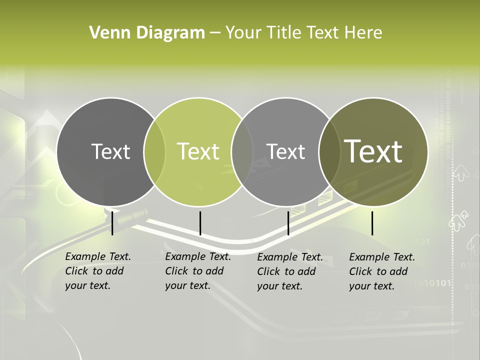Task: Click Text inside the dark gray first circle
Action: pos(110,151)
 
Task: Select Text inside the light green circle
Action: pos(198,151)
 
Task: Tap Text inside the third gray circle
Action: pos(285,151)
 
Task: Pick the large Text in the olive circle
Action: pos(373,151)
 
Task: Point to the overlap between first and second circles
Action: pos(154,151)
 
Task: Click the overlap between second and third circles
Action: pos(242,151)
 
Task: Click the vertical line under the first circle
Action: pos(112,223)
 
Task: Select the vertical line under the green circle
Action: pos(200,223)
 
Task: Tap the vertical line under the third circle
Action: pos(288,223)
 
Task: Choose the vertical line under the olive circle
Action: pos(372,223)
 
